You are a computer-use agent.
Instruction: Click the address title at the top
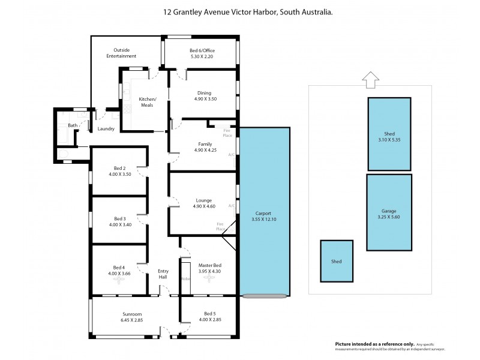click(240, 11)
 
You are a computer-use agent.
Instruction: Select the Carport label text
click(264, 213)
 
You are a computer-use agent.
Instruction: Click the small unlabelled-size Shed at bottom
click(336, 262)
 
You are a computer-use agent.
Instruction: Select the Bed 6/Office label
click(202, 50)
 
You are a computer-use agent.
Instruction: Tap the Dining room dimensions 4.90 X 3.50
click(203, 99)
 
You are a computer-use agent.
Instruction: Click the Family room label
click(203, 144)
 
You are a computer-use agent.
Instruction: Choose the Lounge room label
click(203, 200)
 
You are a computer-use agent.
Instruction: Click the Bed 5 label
click(209, 314)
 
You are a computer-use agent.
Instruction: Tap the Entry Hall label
click(163, 274)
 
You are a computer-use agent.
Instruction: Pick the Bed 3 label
click(120, 218)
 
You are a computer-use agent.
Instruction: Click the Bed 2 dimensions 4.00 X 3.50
click(120, 174)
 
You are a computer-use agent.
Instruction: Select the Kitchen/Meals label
click(148, 102)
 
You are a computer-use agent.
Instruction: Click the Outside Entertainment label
click(122, 53)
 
